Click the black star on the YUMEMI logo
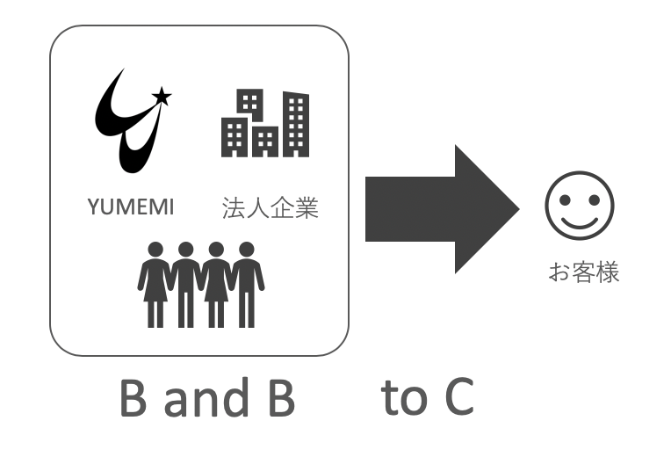[x=161, y=95]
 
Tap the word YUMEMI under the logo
[x=131, y=208]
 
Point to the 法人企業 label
[x=270, y=209]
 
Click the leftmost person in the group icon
[x=153, y=284]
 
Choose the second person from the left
[x=184, y=284]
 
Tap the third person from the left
[x=216, y=284]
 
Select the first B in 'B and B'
[x=133, y=399]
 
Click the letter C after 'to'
[x=458, y=399]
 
